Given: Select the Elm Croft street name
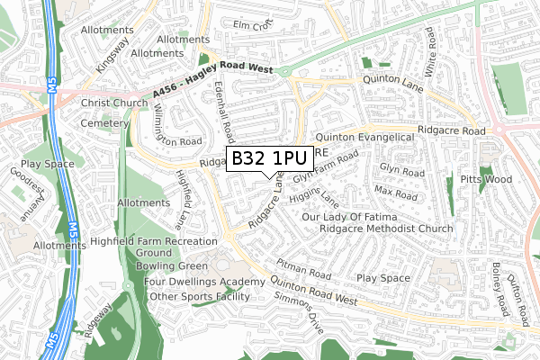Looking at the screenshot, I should (x=251, y=24).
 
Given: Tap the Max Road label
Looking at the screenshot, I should (x=395, y=193).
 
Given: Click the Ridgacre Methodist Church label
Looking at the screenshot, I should (x=386, y=229).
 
